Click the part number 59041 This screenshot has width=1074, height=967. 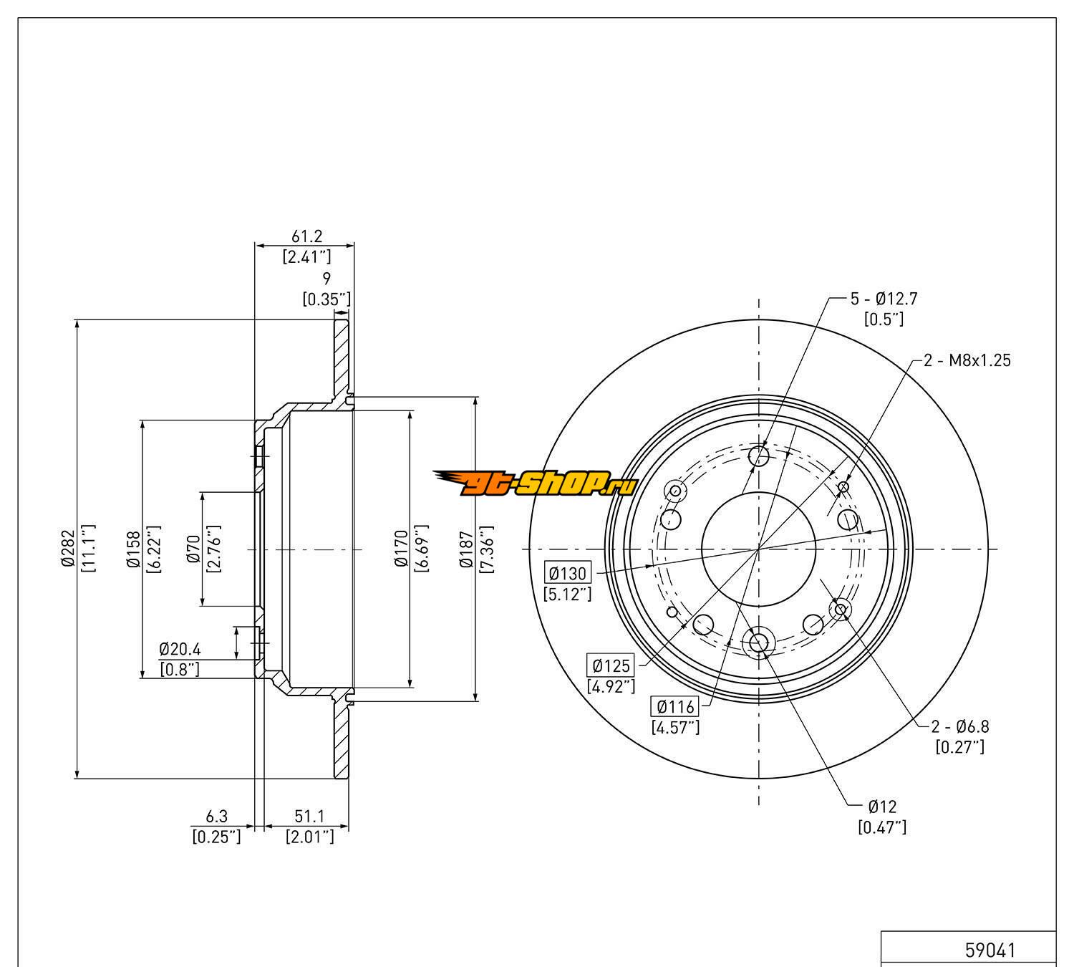(990, 950)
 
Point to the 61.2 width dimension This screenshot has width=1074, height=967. (306, 236)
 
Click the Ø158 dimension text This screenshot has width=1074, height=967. (133, 549)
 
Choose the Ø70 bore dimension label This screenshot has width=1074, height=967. (193, 549)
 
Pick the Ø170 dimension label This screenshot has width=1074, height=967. (402, 549)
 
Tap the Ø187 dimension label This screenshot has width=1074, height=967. (466, 549)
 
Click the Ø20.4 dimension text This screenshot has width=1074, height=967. (180, 650)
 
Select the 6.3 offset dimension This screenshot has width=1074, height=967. (216, 816)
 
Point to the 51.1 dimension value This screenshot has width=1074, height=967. (309, 816)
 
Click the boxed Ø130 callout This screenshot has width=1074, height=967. (568, 573)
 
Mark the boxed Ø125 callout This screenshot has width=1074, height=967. (611, 665)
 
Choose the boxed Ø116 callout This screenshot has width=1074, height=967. (674, 707)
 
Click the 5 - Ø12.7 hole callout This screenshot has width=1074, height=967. (884, 299)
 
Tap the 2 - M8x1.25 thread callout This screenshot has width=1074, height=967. (967, 360)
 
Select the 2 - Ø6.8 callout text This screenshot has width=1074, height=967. (960, 726)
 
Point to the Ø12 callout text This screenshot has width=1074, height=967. (882, 807)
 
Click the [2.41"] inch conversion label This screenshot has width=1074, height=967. (306, 256)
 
